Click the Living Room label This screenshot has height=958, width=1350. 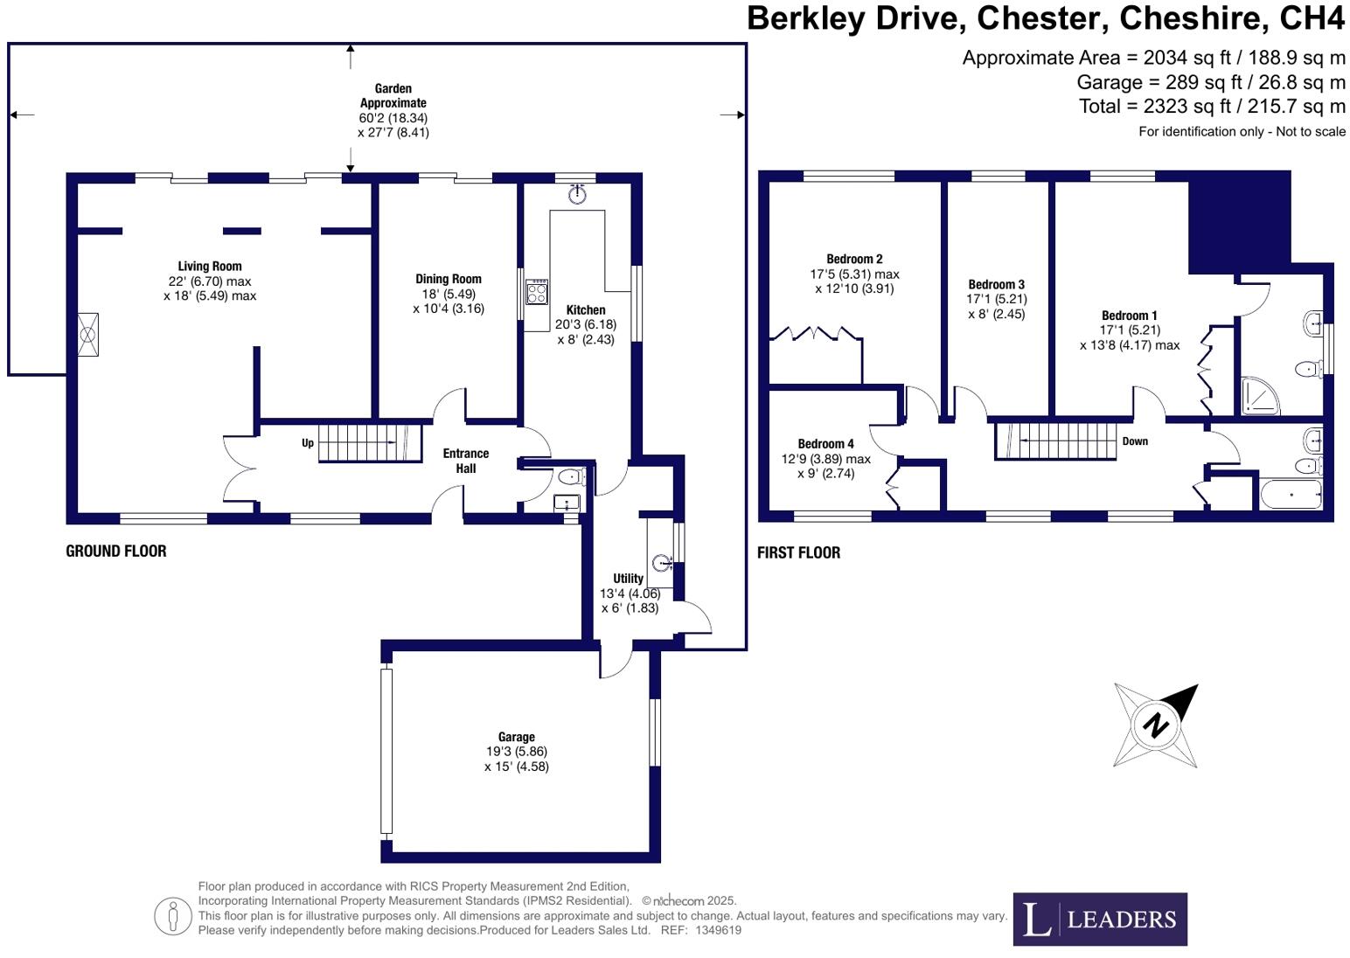[210, 267]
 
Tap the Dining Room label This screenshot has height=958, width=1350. [448, 280]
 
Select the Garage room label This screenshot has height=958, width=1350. [517, 737]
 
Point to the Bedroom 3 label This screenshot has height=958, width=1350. [996, 285]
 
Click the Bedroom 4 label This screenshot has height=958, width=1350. [825, 444]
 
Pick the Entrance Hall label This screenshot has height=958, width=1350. [465, 461]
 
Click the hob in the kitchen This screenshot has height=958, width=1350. [536, 291]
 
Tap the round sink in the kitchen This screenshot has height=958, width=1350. [576, 195]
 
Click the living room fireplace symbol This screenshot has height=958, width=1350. [87, 335]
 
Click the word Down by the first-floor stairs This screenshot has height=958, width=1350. [1135, 441]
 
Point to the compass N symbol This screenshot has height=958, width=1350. [1156, 725]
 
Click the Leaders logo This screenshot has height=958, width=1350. [1100, 919]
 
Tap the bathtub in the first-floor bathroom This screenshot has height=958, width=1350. [1291, 495]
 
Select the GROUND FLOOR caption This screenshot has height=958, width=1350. [116, 551]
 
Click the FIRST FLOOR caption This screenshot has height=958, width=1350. [798, 552]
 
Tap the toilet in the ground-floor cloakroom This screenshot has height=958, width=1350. [570, 477]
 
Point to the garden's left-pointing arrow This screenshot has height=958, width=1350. [21, 115]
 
